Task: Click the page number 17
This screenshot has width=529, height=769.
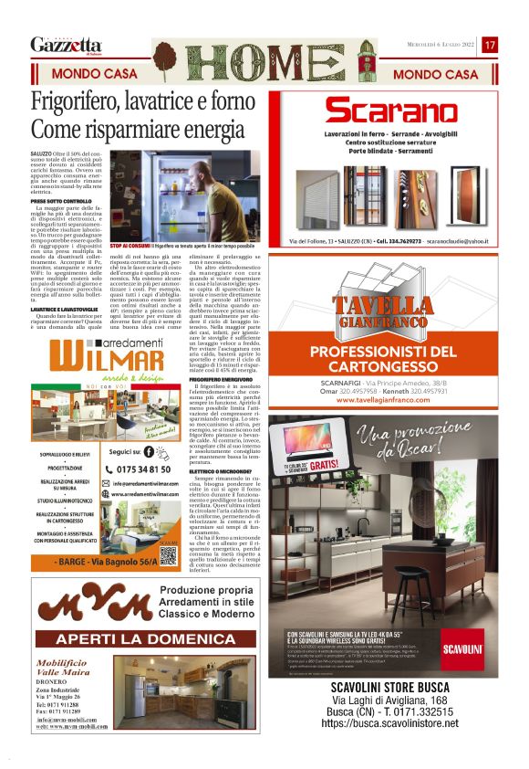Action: coord(490,45)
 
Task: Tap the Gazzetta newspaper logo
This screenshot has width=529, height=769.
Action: coord(66,46)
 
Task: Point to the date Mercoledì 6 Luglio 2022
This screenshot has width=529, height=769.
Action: coord(441,45)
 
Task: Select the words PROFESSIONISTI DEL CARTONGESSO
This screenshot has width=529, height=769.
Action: coord(396,359)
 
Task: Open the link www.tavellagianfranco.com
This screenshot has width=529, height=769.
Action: coord(396,400)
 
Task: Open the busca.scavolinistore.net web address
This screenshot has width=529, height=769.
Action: coord(389,723)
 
